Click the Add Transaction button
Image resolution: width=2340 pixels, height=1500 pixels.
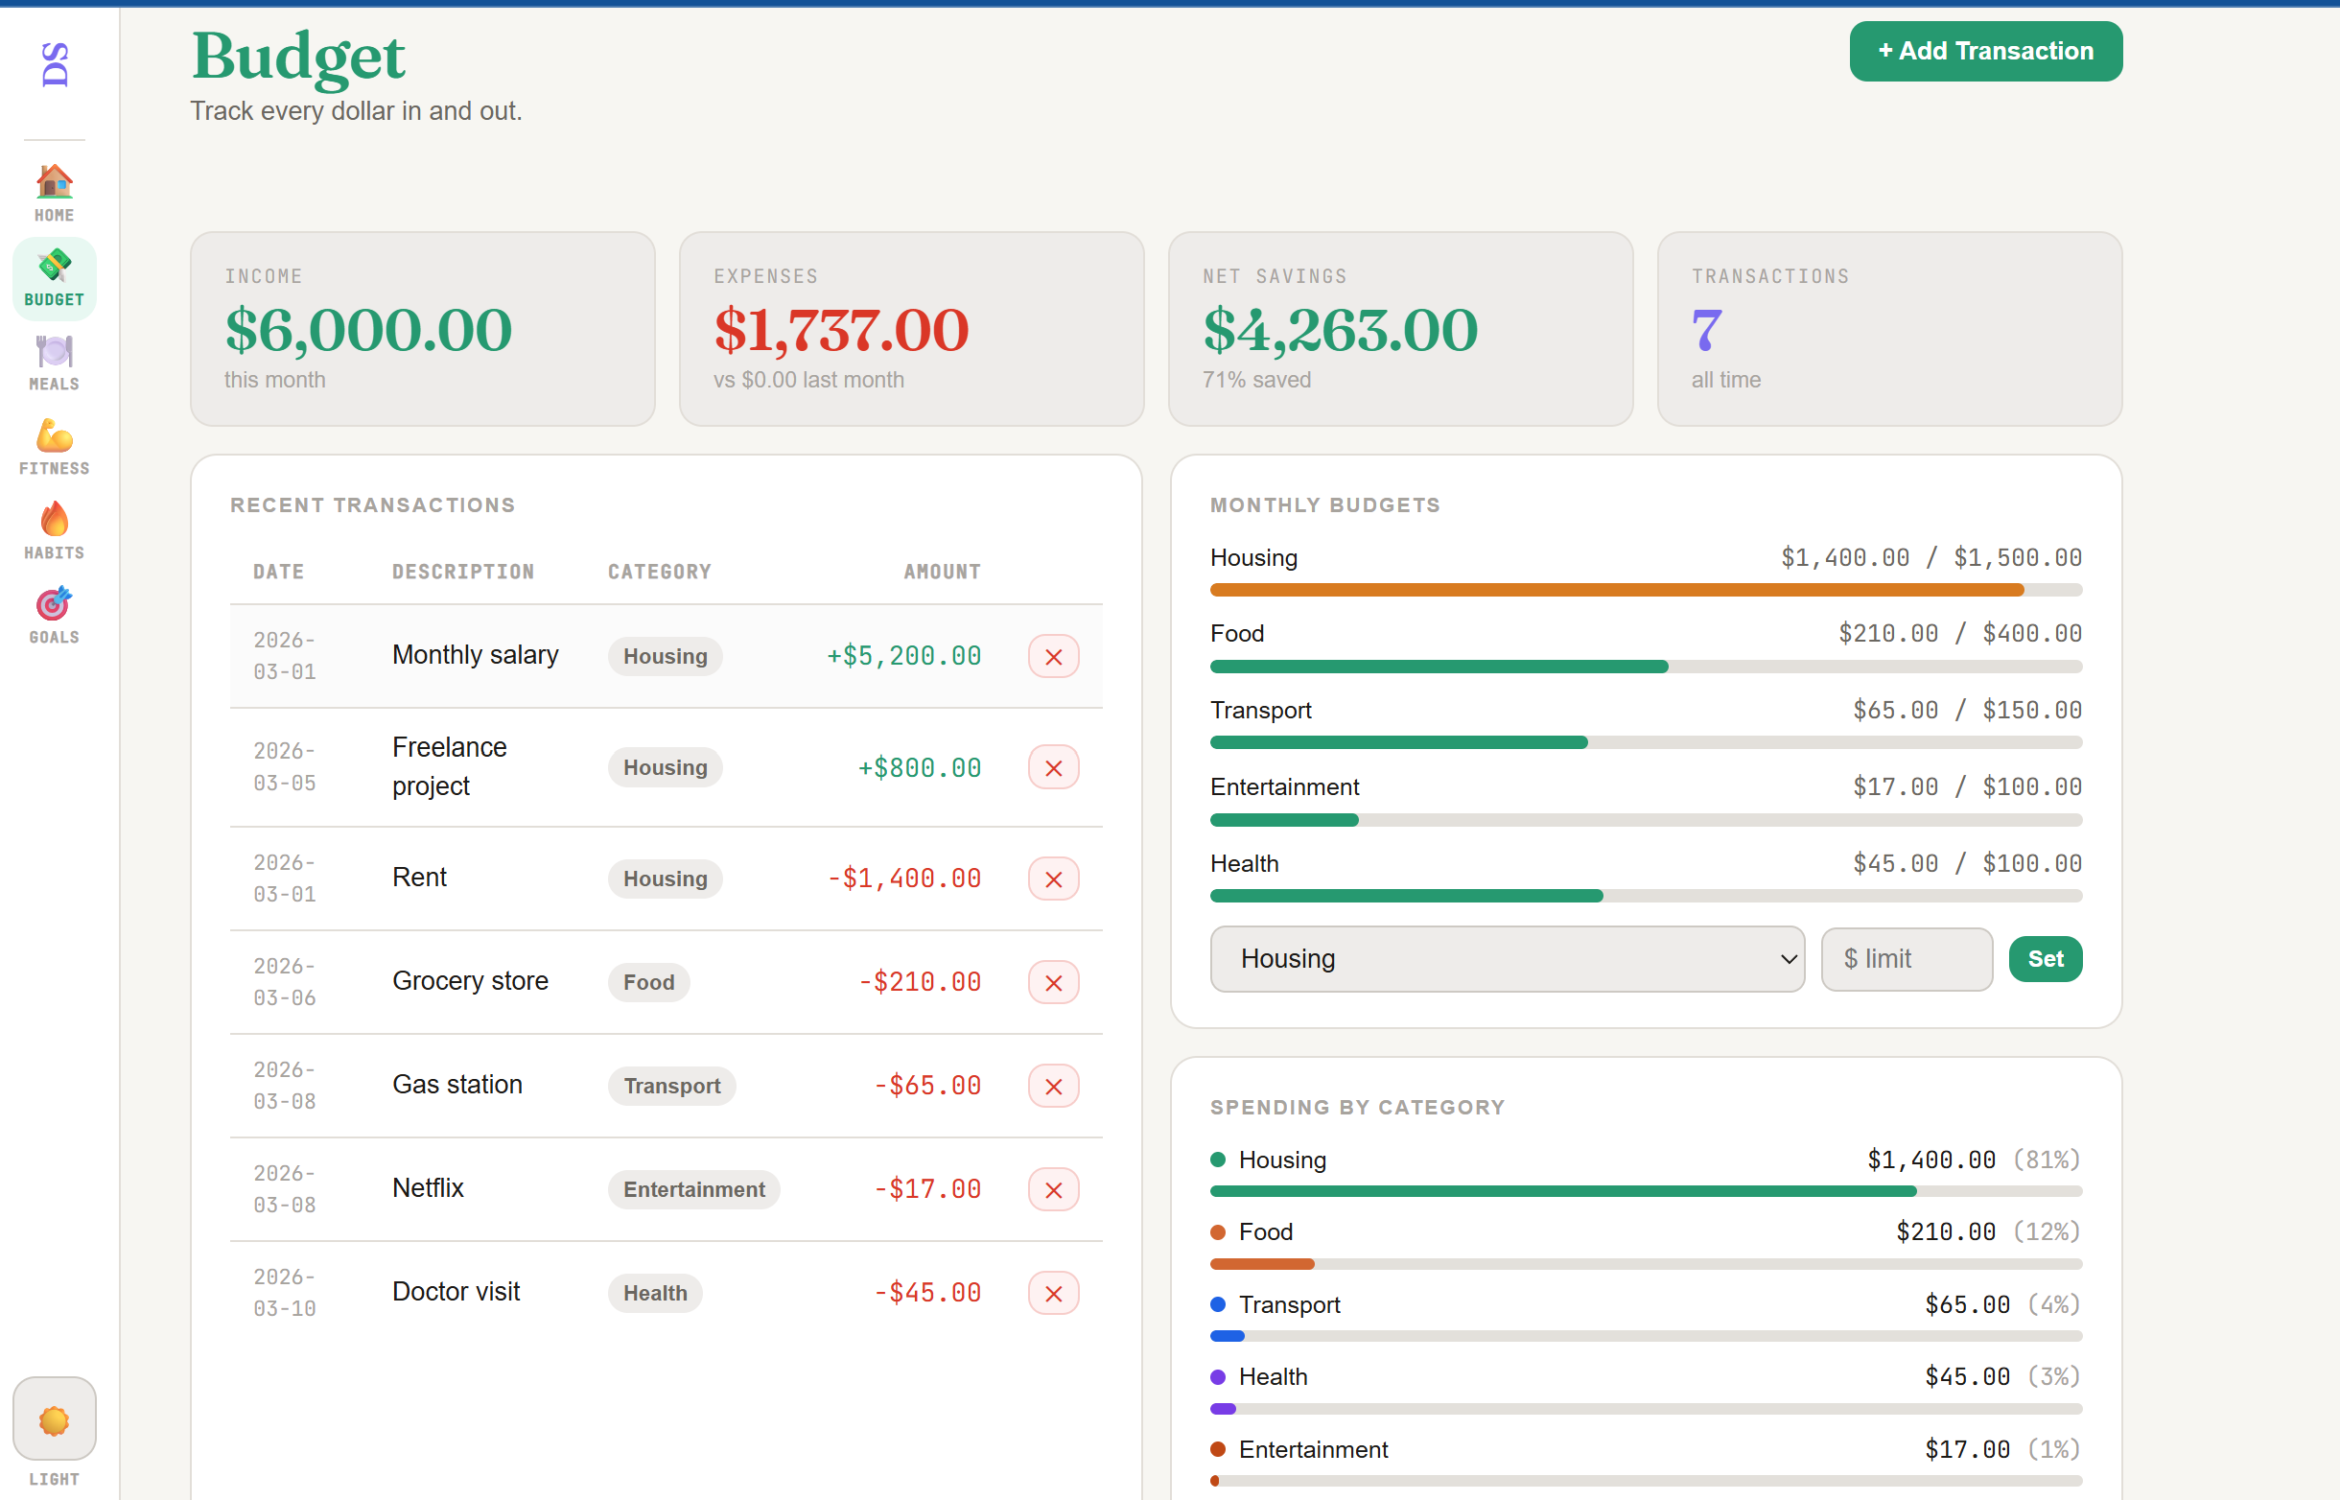pos(1984,52)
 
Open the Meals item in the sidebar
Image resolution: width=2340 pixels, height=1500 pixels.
pos(55,363)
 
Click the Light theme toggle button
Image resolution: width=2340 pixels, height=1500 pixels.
pos(55,1419)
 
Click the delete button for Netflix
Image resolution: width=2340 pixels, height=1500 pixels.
pos(1053,1189)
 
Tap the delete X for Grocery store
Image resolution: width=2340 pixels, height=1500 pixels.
pos(1053,983)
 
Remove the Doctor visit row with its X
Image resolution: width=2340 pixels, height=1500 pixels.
pos(1053,1294)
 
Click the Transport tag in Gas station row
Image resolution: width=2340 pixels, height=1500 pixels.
pos(671,1086)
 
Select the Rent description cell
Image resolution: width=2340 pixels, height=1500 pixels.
pos(420,878)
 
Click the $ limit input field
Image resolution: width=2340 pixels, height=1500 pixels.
pos(1906,959)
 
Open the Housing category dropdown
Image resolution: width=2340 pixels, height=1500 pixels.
pos(1507,959)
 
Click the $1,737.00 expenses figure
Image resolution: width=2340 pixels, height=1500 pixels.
pos(841,330)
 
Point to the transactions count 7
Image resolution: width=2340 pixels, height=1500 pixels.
pos(1706,330)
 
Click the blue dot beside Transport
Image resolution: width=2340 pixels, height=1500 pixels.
pos(1217,1304)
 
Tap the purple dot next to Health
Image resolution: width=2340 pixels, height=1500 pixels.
pos(1217,1377)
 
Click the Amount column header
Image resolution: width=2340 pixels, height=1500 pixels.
pos(942,572)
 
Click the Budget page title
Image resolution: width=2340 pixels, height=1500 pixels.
pos(298,57)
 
